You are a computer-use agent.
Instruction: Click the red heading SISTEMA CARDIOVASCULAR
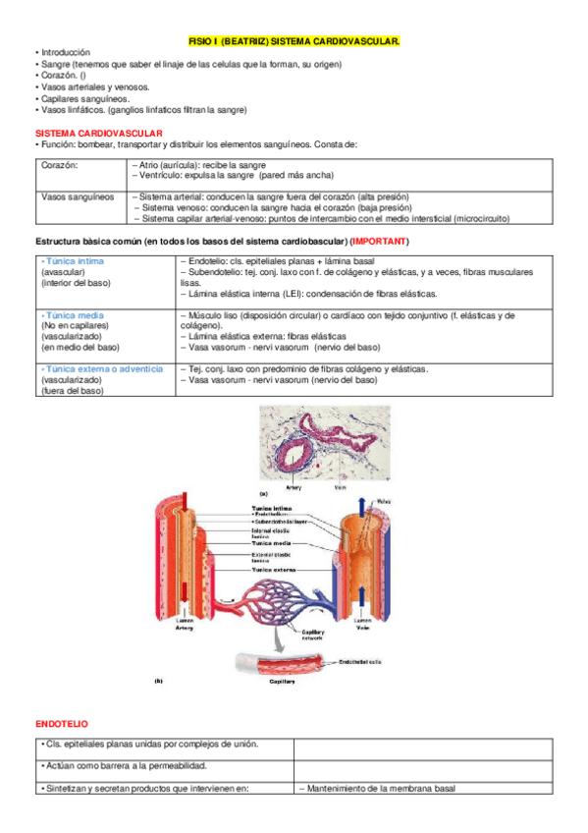[98, 133]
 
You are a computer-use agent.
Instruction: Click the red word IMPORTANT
[380, 242]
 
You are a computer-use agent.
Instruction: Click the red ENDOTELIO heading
[63, 724]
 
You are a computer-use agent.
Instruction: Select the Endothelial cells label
[365, 661]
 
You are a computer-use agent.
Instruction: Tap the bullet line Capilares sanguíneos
[79, 98]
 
